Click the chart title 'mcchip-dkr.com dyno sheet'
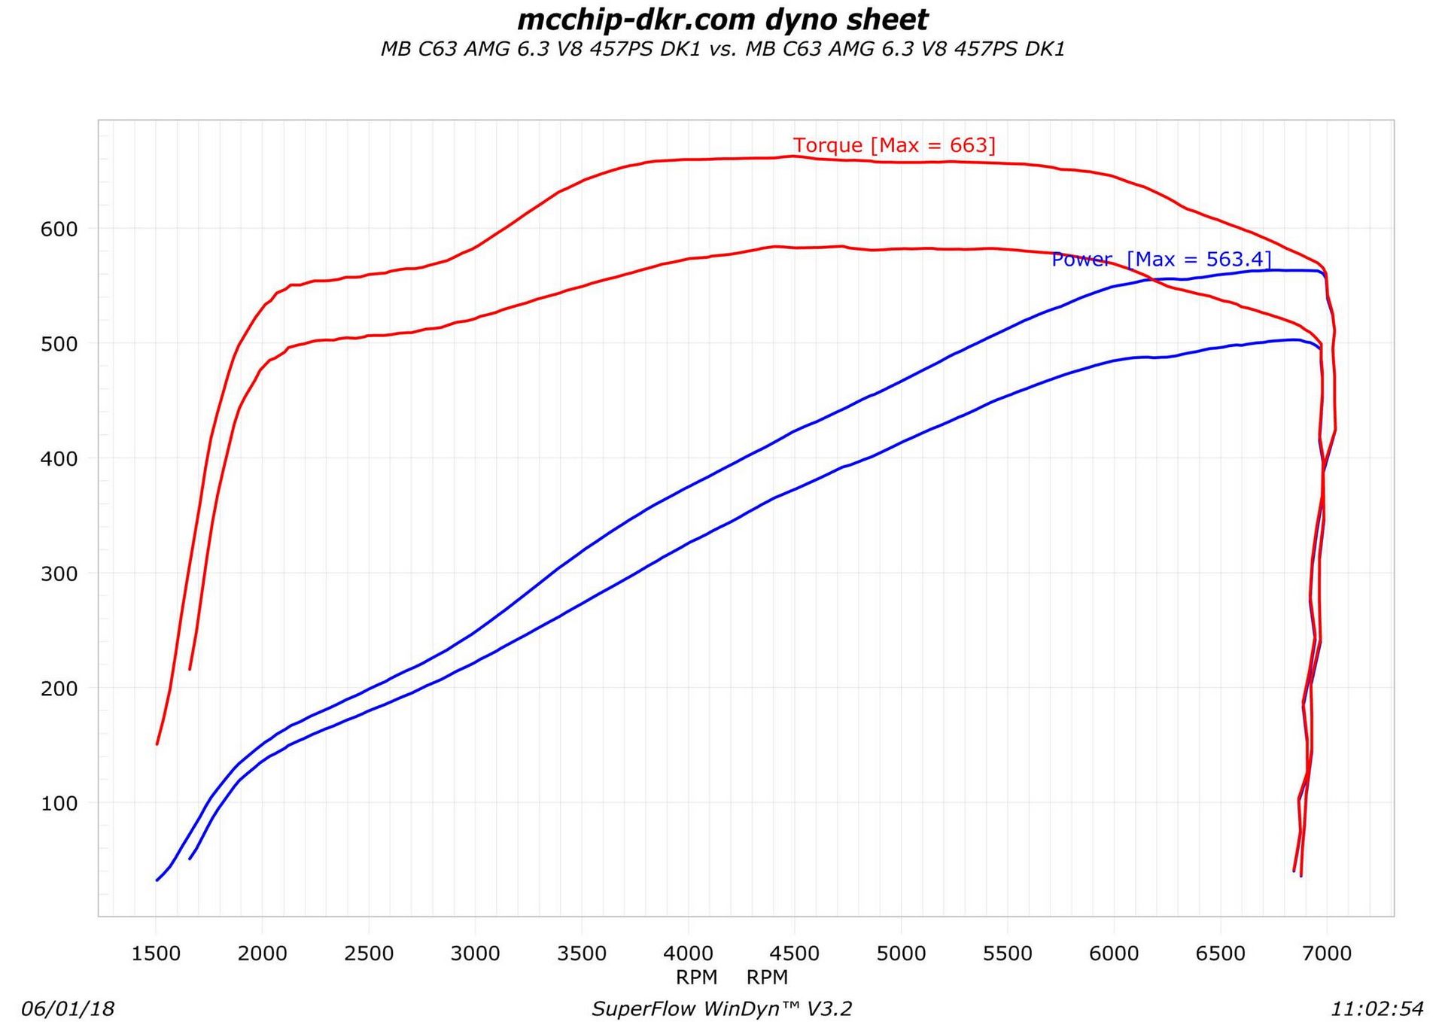click(x=722, y=20)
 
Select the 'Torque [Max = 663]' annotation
click(x=894, y=145)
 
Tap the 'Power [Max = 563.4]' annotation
click(x=1161, y=260)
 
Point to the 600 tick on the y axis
click(x=59, y=230)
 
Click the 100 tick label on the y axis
click(x=59, y=804)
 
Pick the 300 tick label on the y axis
click(x=59, y=574)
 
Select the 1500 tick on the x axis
click(x=156, y=954)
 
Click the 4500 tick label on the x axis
click(x=795, y=954)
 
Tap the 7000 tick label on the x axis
click(x=1327, y=954)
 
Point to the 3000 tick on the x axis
click(x=475, y=954)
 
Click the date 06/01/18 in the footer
click(x=68, y=1009)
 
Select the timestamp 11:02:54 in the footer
click(x=1377, y=1009)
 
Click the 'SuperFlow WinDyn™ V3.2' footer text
click(x=722, y=1009)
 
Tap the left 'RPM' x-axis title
click(x=696, y=978)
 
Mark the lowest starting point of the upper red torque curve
click(x=157, y=744)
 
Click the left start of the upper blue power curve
click(x=157, y=881)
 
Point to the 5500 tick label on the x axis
click(x=1008, y=954)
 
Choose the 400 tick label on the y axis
click(x=59, y=459)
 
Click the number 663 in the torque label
click(x=968, y=145)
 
